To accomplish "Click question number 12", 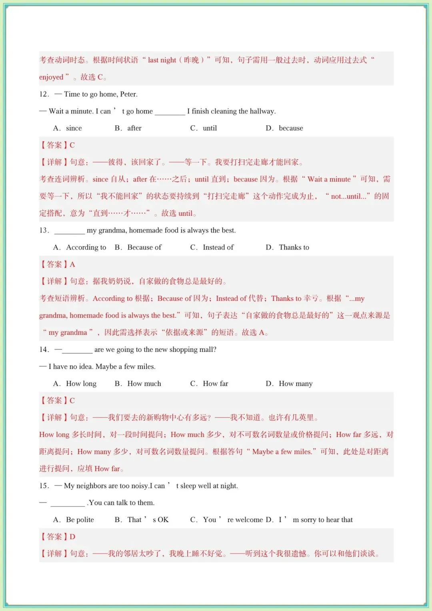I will [44, 94].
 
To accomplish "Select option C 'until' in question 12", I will [210, 128].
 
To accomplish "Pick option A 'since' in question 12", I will [74, 128].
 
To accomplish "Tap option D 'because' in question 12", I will [291, 128].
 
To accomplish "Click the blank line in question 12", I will [170, 112].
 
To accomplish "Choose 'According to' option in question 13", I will [86, 247].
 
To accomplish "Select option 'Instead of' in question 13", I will [218, 247].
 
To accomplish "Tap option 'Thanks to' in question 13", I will [294, 247].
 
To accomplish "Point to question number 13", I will [44, 230].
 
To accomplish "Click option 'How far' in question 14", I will [215, 384].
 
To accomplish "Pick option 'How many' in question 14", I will [296, 384].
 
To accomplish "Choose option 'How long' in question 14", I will [81, 384].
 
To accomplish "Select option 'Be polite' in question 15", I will [80, 520].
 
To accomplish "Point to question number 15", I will [44, 486].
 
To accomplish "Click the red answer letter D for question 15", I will [72, 537].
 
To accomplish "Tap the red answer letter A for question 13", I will [72, 264].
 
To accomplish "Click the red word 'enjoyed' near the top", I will [51, 77].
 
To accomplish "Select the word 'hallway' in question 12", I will [262, 111].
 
